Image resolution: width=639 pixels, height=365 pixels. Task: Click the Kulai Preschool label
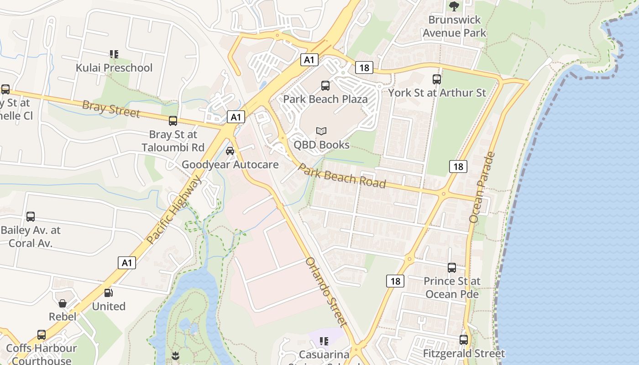coord(114,68)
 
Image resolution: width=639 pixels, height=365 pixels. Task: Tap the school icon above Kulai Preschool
coord(114,54)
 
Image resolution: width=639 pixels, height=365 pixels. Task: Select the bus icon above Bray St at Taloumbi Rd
coord(173,121)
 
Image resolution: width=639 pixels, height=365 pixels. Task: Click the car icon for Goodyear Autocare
coord(230,151)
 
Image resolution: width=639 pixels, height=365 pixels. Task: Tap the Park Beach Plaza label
coord(325,99)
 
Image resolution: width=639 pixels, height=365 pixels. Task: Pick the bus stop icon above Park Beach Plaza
coord(325,85)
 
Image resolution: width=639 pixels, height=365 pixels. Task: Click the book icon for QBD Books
coord(321,131)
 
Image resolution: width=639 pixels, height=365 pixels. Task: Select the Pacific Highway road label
coord(174,210)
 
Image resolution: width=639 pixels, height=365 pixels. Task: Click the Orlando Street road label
coord(327,292)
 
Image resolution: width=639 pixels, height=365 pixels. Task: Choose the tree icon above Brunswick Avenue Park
coord(454,6)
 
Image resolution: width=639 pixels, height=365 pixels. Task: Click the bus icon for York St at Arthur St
coord(437,79)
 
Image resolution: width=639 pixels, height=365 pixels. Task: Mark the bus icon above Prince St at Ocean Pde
coord(452,267)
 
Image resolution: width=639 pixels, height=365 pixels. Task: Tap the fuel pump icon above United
coord(109,293)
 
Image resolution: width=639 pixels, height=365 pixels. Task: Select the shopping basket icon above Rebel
coord(63,303)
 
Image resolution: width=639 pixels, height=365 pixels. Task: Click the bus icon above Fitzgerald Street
coord(464,340)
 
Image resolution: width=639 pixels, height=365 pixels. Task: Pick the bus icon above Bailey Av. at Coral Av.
coord(31,217)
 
